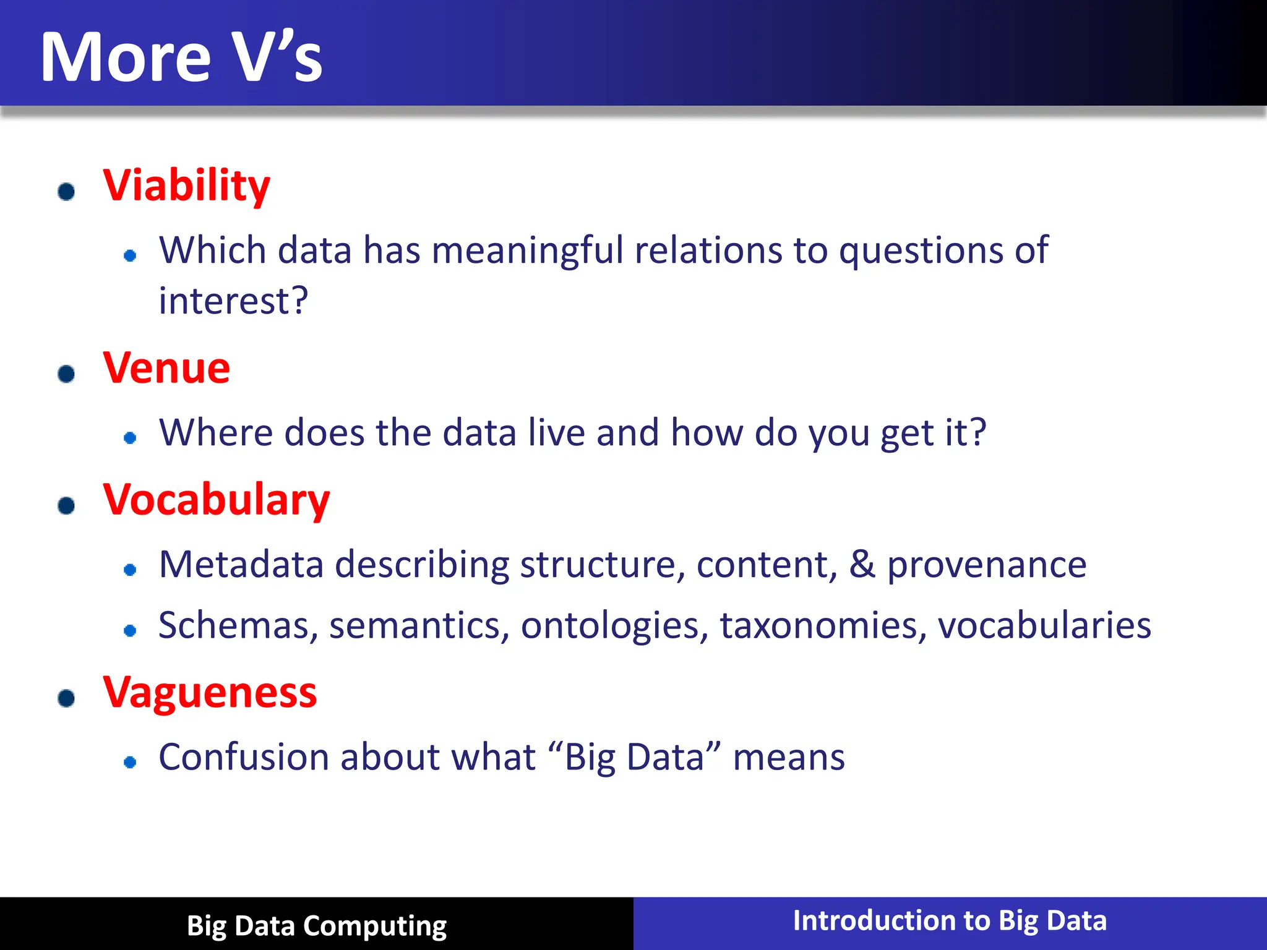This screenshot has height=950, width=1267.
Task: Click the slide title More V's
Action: [181, 57]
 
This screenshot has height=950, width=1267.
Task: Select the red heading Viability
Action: [186, 186]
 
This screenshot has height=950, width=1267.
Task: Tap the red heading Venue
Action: [166, 368]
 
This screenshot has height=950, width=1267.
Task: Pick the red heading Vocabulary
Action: [217, 500]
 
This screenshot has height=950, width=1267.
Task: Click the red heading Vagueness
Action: [210, 693]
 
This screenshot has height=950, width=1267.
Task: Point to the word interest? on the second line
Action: [233, 301]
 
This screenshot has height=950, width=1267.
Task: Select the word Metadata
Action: [241, 565]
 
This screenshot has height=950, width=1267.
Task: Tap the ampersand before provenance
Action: [862, 565]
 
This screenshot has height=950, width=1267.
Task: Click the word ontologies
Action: [614, 626]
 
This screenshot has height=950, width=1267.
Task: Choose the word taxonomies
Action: [823, 626]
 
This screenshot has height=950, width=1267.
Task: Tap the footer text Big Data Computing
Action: [317, 926]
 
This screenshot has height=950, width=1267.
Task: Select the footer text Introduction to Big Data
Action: [950, 921]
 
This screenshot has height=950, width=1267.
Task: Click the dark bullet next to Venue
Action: [66, 374]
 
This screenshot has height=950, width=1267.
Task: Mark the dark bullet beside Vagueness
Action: [66, 698]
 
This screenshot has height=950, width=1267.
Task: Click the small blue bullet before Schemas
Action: [130, 631]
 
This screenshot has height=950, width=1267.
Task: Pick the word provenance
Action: [987, 565]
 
